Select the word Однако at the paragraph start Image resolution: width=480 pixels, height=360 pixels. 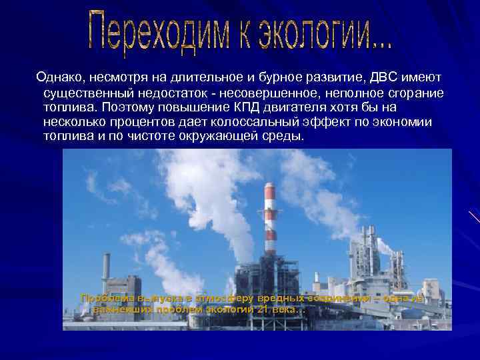pyautogui.click(x=58, y=79)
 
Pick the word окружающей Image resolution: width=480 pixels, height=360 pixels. pyautogui.click(x=213, y=137)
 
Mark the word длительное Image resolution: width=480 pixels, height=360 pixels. pyautogui.click(x=177, y=79)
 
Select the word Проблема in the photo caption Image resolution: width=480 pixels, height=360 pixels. pyautogui.click(x=107, y=298)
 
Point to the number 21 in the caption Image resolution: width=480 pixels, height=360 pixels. pyautogui.click(x=256, y=310)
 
